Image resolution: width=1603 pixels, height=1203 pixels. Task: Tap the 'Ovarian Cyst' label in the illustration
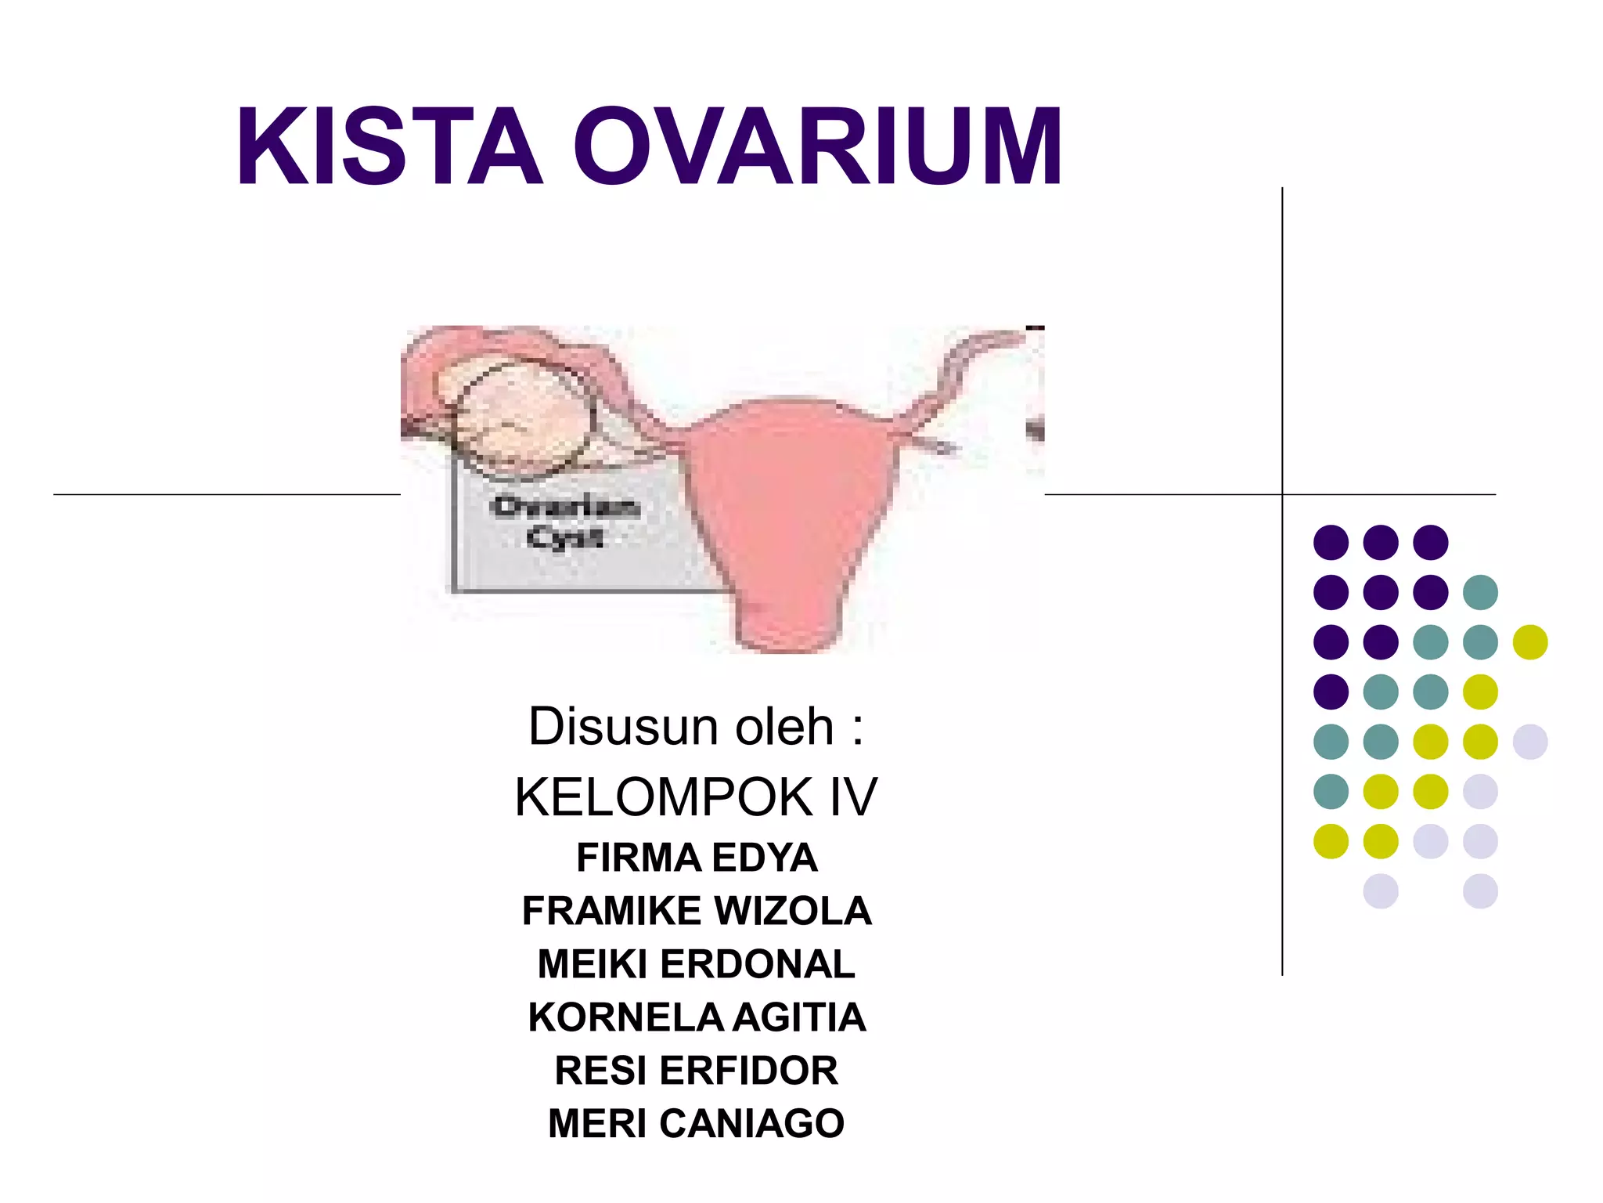pos(565,522)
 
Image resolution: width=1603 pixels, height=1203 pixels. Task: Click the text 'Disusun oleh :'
pos(696,727)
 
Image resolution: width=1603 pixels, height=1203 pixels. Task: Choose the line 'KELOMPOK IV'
pos(696,797)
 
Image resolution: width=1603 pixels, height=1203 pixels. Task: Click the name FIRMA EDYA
pos(697,858)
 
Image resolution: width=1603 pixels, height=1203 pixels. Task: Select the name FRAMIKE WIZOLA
pos(697,911)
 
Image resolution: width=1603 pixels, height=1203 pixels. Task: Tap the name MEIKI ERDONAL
pos(697,964)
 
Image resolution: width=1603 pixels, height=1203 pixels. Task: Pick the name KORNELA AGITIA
pos(697,1017)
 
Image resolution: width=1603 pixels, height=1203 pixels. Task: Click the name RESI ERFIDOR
pos(697,1071)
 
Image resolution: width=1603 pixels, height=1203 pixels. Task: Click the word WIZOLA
pos(793,911)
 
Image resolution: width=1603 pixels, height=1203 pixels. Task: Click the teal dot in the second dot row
pos(1480,592)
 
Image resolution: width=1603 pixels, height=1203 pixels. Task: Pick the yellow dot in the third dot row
pos(1530,642)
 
